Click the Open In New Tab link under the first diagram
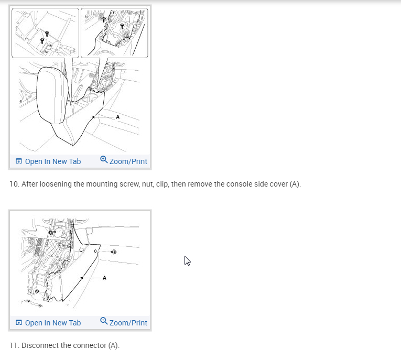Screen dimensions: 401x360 tap(48, 161)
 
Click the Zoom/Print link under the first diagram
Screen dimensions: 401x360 tap(124, 161)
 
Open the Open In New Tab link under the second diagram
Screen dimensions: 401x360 tap(48, 323)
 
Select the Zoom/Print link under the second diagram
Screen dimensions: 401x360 tap(124, 322)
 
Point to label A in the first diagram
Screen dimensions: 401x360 tap(117, 117)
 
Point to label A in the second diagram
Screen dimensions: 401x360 tap(104, 278)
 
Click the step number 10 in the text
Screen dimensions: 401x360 tap(14, 184)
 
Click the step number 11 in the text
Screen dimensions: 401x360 tap(14, 345)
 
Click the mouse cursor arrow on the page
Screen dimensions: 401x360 tap(188, 260)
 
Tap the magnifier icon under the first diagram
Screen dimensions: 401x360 tap(104, 159)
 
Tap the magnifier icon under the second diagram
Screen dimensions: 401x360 tap(104, 321)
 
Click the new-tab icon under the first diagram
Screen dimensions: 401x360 tap(19, 161)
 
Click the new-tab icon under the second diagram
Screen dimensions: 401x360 tap(19, 322)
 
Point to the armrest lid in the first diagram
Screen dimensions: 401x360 tap(52, 95)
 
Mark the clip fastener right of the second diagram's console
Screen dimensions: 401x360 tap(114, 252)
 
